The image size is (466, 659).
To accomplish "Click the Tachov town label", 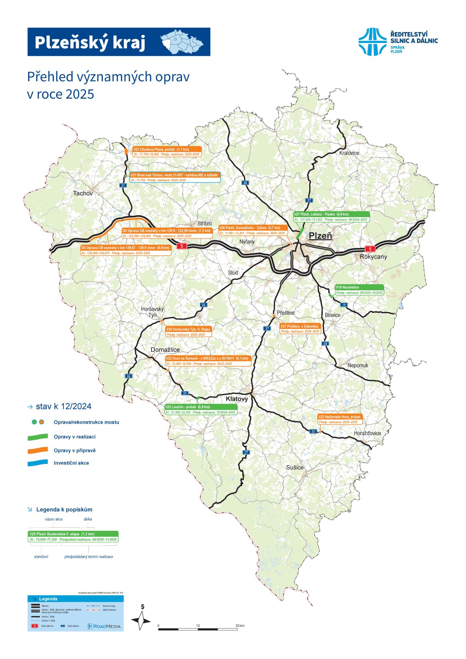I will click(x=83, y=193).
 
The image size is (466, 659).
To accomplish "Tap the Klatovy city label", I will click(x=236, y=399).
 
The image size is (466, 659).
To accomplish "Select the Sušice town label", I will click(x=295, y=467).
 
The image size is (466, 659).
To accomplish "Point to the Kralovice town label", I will click(x=349, y=153).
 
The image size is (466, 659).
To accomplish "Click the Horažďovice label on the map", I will click(x=367, y=433).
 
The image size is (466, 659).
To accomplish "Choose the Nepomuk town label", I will click(x=358, y=365).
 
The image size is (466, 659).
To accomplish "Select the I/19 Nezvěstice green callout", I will click(x=359, y=290).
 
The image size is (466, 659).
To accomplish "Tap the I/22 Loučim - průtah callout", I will click(x=201, y=409).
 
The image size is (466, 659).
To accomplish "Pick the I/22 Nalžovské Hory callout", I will click(x=340, y=419).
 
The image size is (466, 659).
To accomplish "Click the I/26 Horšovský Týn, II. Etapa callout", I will click(x=188, y=332).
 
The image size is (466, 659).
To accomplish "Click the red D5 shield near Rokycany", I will click(x=370, y=249).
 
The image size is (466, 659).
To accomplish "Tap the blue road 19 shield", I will click(x=344, y=305).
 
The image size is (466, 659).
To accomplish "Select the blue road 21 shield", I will click(x=123, y=185).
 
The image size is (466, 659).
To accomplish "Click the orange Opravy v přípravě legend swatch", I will click(x=38, y=450).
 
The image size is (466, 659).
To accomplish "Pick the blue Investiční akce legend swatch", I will click(x=38, y=463).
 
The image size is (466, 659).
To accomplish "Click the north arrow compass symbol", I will click(x=141, y=620).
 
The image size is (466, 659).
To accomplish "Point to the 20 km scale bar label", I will click(x=240, y=625).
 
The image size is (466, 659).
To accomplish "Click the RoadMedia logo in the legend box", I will click(x=104, y=626).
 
